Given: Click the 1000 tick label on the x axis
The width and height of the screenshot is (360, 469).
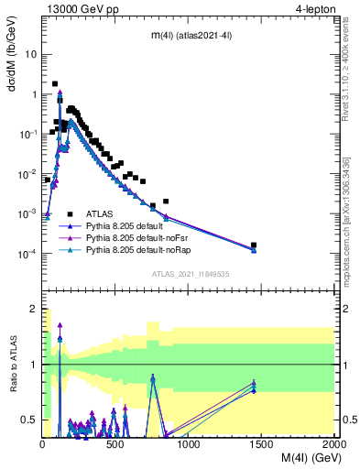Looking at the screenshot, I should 189,443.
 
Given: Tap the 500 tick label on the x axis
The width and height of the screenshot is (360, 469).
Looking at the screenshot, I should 115,443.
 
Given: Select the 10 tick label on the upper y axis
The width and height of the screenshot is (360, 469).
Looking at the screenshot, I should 30,54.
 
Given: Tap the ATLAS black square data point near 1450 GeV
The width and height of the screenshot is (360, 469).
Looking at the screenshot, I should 254,245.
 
